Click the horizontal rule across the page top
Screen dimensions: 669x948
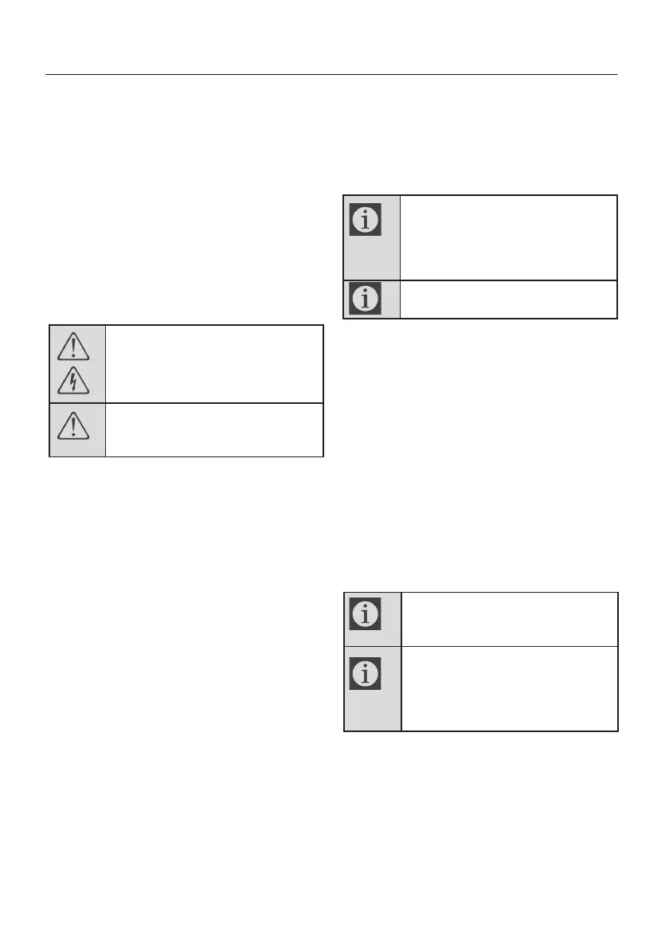point(331,76)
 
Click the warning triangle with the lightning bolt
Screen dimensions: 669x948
point(73,382)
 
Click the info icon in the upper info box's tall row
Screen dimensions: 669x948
point(366,219)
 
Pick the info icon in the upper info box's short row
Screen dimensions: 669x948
point(366,299)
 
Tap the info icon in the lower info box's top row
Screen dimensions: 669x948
point(366,614)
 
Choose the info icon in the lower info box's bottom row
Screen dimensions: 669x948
point(366,674)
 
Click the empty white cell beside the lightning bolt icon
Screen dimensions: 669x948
point(213,363)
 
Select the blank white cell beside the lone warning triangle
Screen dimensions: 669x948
point(213,429)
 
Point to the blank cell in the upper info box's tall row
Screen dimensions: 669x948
point(508,237)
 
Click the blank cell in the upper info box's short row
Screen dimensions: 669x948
point(508,299)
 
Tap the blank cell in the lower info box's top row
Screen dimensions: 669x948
point(508,619)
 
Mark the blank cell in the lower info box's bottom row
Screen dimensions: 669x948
point(508,688)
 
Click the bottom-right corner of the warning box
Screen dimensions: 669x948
point(323,456)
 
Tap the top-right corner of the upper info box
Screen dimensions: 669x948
point(617,196)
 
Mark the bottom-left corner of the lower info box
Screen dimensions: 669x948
point(344,730)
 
